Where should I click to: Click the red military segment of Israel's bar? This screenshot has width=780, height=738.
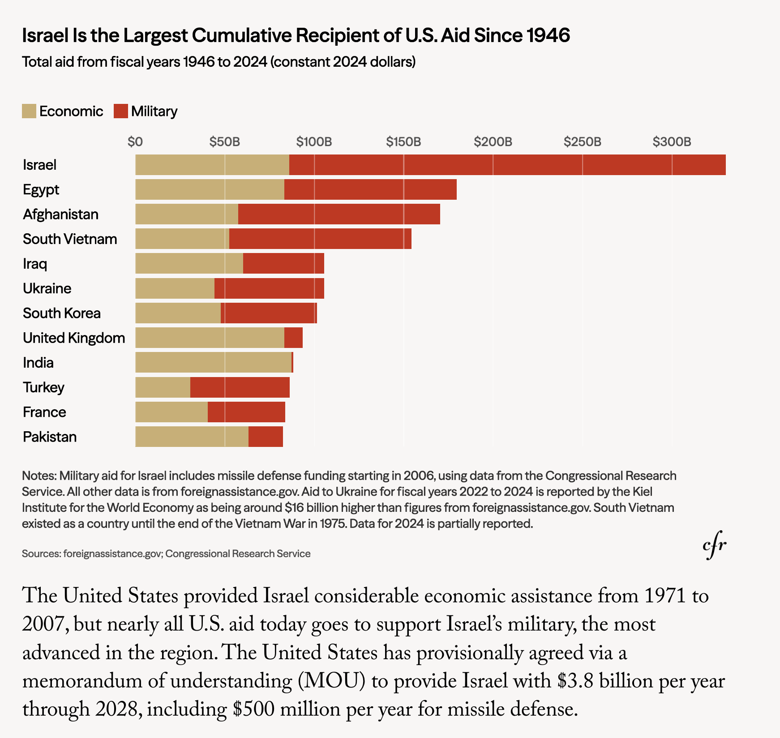(507, 165)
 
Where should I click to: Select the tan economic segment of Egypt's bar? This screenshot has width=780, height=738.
(210, 189)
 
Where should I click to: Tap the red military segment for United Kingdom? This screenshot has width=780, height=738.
(293, 338)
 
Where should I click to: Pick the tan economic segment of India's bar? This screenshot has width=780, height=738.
(213, 362)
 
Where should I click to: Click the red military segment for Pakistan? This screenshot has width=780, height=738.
(266, 437)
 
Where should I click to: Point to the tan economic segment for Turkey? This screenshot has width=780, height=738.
(163, 387)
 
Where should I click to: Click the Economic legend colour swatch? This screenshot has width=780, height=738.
(29, 111)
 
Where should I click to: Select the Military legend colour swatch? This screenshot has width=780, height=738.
(121, 111)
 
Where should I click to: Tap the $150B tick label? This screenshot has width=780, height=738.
(403, 142)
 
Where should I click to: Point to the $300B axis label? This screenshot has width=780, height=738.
(672, 142)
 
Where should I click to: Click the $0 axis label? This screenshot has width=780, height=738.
(135, 142)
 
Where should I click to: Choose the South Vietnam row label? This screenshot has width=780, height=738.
(70, 239)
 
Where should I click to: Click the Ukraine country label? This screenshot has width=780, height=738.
(47, 288)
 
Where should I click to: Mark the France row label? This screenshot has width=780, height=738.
(44, 412)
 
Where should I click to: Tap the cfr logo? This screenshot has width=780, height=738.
(714, 546)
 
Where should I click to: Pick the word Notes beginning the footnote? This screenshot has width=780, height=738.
(39, 476)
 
